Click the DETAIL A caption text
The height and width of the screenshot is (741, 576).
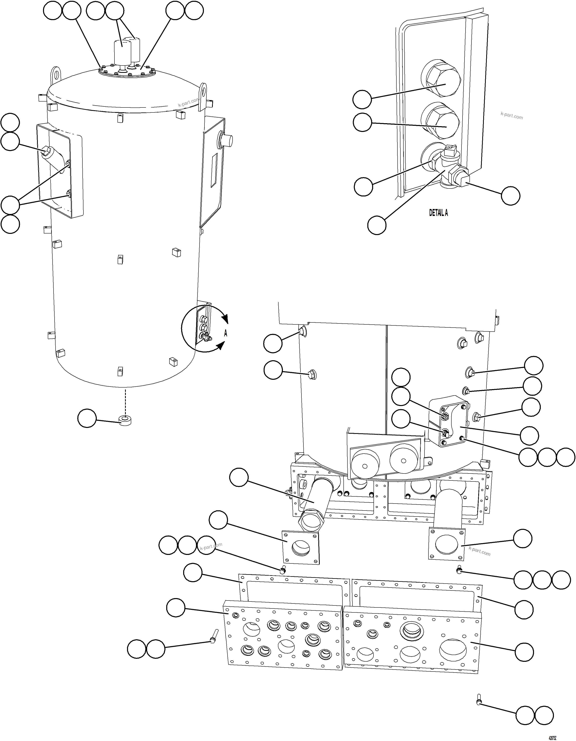tap(438, 213)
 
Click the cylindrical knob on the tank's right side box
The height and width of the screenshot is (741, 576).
tap(227, 140)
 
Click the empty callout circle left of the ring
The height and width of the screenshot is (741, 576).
tap(87, 418)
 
